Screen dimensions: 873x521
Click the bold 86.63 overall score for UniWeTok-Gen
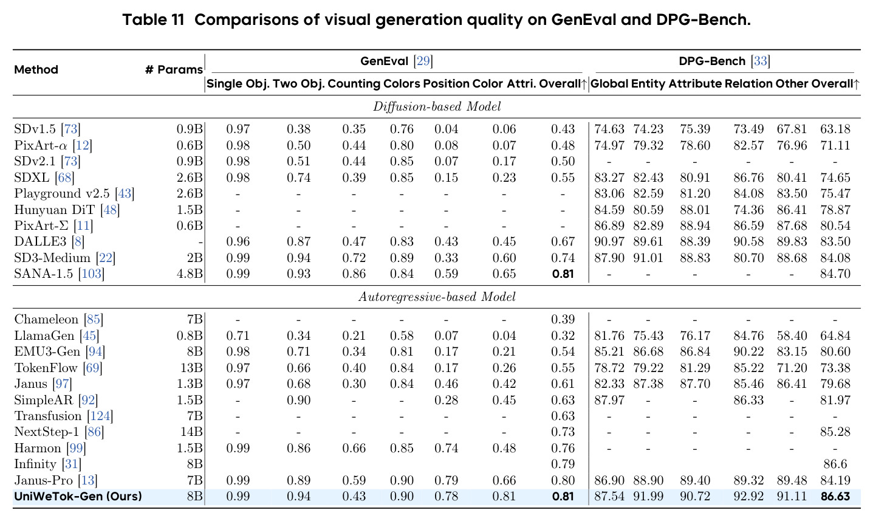click(x=835, y=497)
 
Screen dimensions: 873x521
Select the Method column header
click(x=36, y=70)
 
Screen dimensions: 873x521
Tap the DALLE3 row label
click(x=40, y=241)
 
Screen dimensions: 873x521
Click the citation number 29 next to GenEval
click(x=423, y=61)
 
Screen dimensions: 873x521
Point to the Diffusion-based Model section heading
click(x=436, y=106)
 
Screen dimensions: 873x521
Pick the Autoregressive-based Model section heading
click(x=436, y=297)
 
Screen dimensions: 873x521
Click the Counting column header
click(x=354, y=84)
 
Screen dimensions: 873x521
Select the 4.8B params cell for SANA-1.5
click(x=190, y=274)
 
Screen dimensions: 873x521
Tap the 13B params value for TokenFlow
click(x=192, y=368)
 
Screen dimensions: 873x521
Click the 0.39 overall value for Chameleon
click(x=563, y=319)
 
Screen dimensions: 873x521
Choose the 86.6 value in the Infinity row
click(x=835, y=464)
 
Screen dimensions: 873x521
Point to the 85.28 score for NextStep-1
click(x=835, y=432)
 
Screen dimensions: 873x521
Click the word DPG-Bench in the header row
click(x=712, y=61)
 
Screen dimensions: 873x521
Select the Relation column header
click(x=748, y=84)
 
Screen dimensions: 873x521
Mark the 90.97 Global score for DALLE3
click(x=609, y=241)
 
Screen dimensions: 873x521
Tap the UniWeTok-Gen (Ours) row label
click(x=78, y=497)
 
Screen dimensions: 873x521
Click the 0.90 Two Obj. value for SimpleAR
click(x=298, y=400)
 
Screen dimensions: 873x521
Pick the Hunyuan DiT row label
click(x=54, y=210)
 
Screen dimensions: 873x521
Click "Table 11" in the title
click(x=153, y=19)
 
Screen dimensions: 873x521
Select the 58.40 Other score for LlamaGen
click(x=792, y=336)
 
